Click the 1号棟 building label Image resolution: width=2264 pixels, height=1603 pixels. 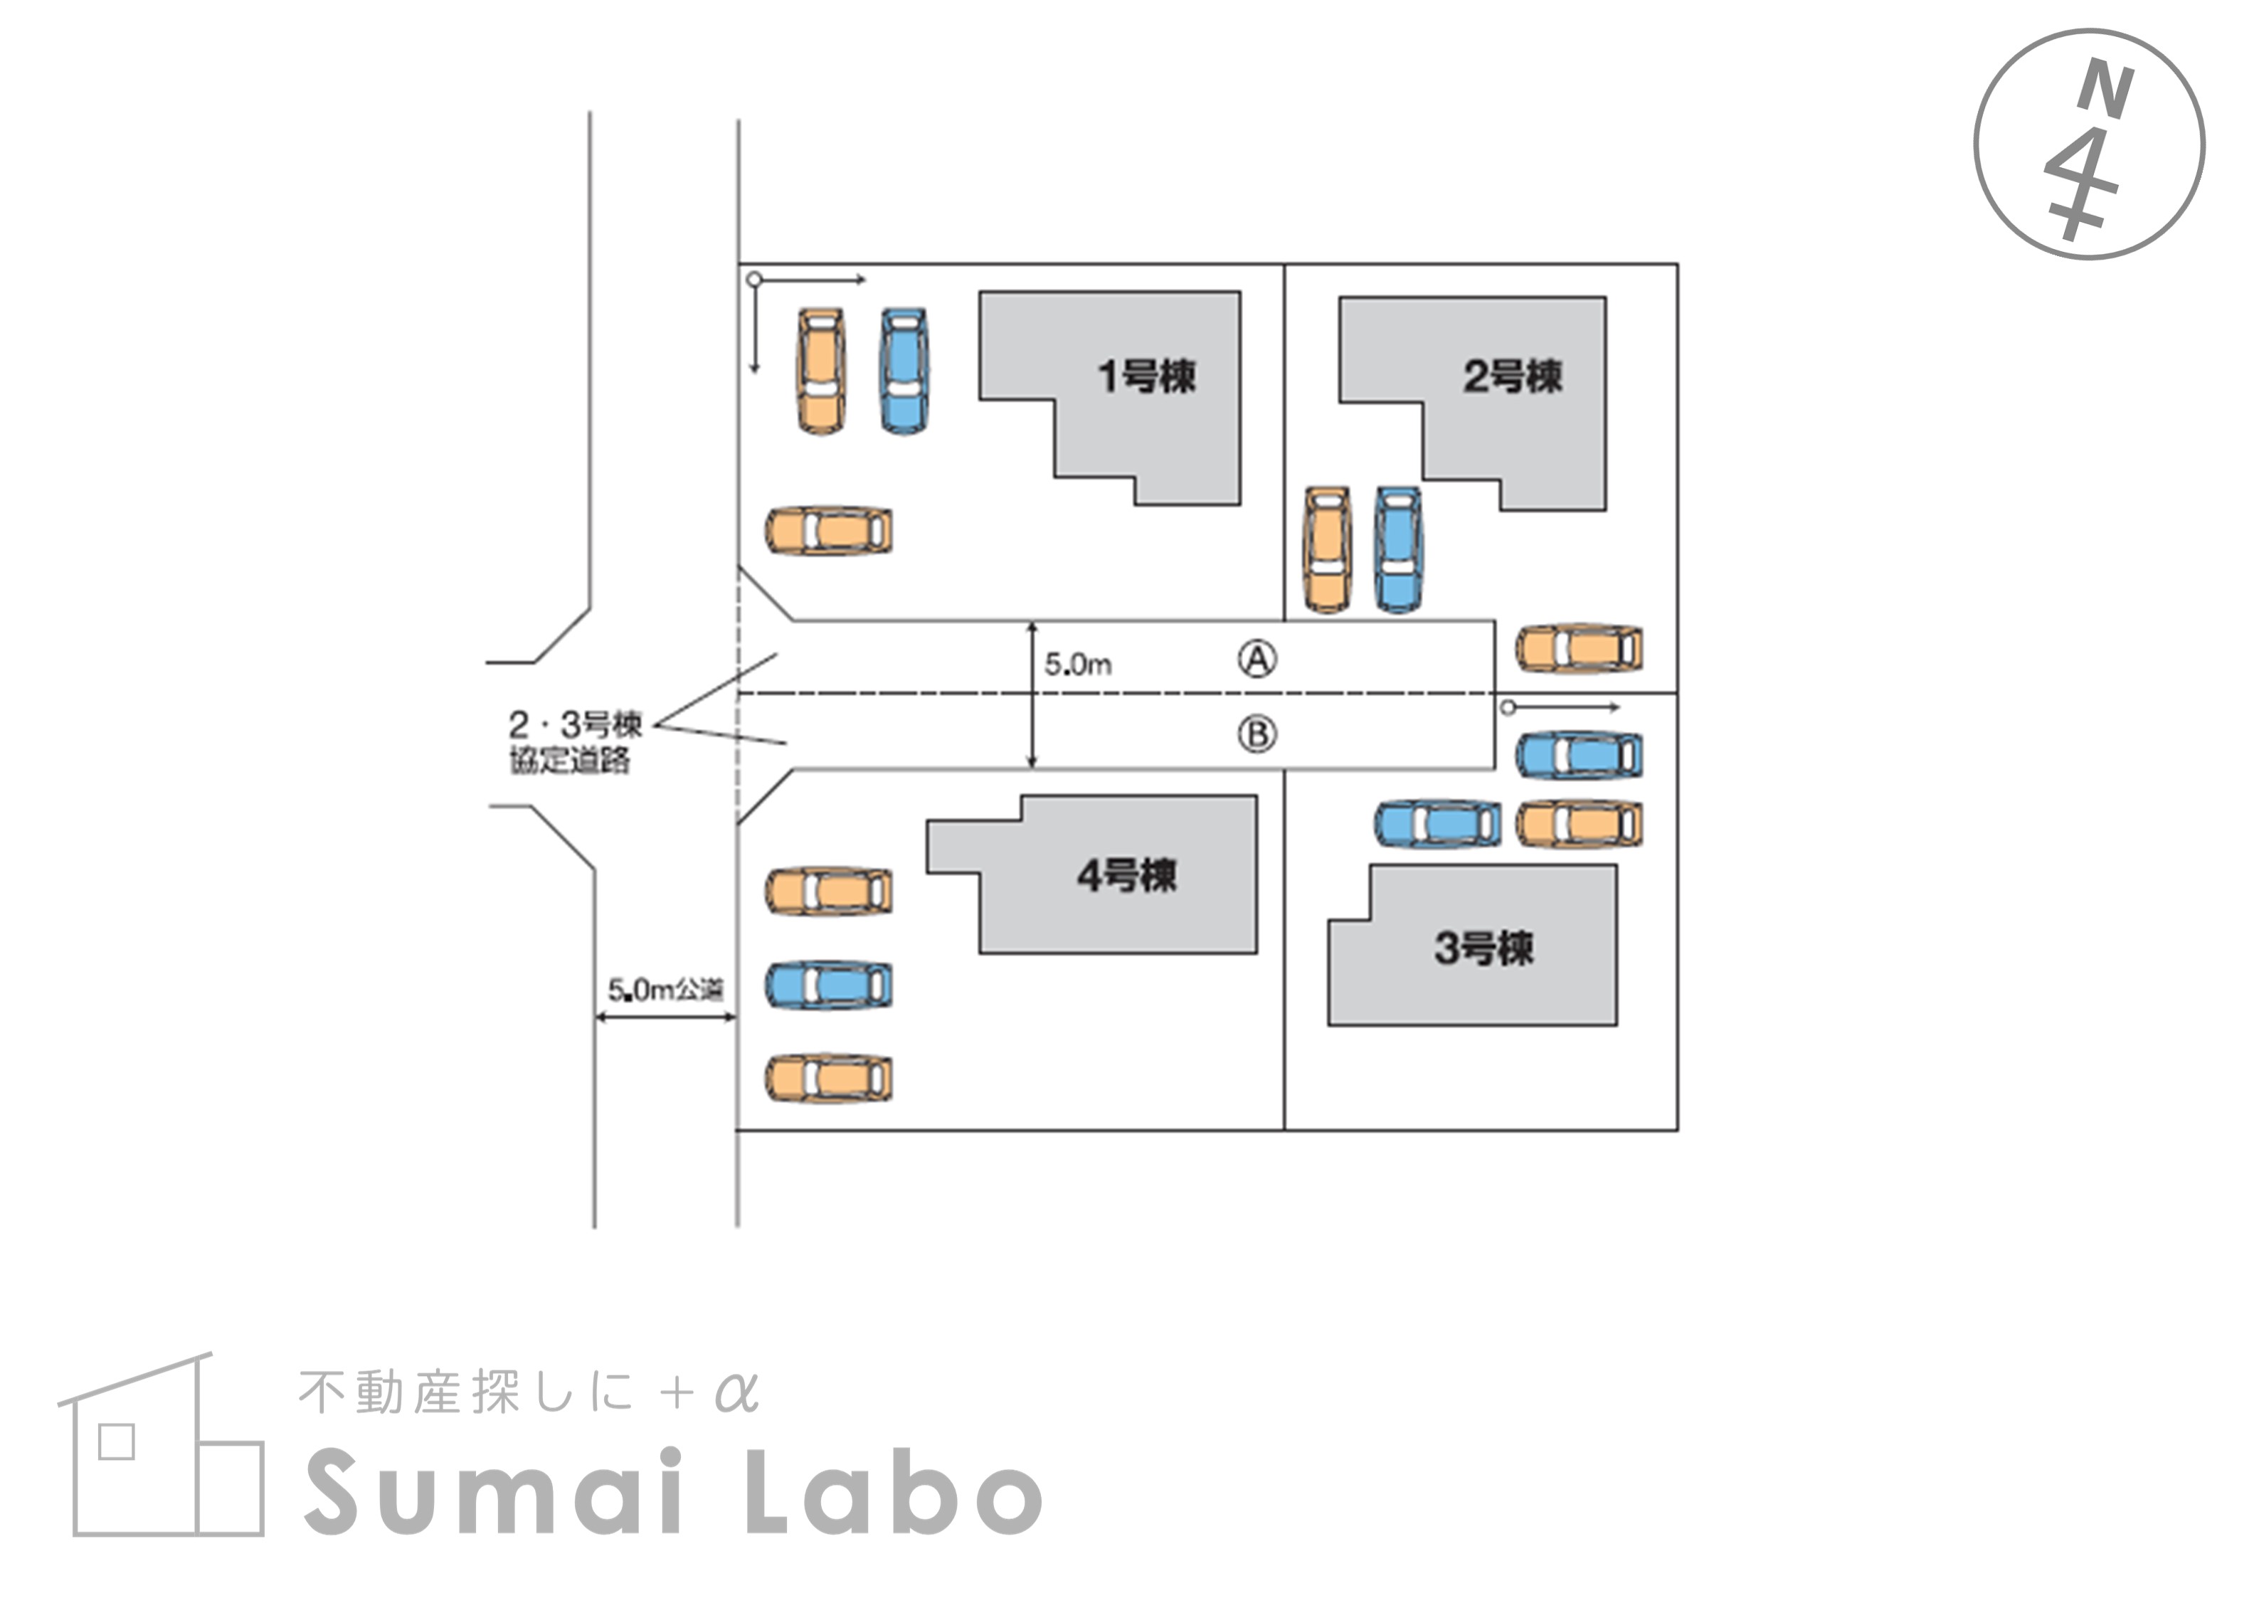[1147, 376]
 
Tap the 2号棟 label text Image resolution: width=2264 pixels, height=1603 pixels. [1512, 376]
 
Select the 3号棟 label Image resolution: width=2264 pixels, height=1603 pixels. [1483, 948]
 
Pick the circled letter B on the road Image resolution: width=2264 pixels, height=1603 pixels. [1257, 734]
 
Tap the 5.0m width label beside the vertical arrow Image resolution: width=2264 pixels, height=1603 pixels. [1078, 665]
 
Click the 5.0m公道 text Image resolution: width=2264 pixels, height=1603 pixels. [665, 989]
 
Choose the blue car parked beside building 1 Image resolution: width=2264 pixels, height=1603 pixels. [904, 371]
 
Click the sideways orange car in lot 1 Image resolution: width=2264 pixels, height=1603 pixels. [829, 531]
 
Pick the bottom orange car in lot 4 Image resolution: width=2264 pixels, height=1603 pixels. [829, 1078]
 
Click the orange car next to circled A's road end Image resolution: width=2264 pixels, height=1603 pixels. [1579, 648]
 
